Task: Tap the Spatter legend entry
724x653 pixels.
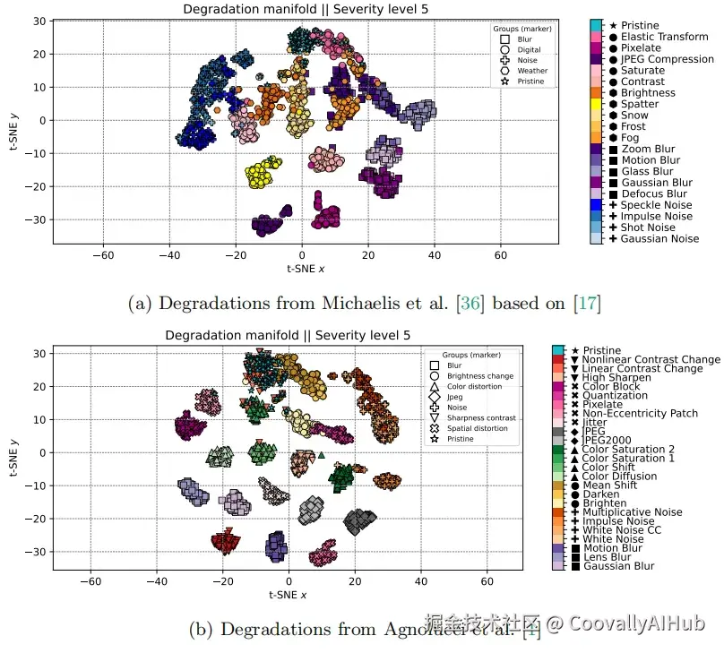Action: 639,104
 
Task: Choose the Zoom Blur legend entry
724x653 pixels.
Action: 648,149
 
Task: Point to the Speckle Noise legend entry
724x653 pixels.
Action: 656,205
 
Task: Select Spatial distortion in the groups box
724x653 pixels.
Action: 480,428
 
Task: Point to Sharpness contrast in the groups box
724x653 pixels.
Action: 480,417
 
